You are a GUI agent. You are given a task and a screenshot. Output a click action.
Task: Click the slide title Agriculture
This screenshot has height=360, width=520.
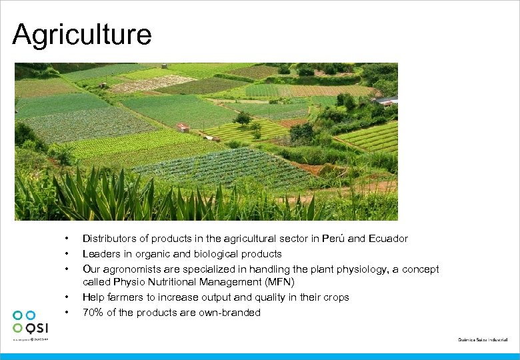(81, 35)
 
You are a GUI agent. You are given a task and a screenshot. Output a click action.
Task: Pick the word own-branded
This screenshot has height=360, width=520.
(231, 313)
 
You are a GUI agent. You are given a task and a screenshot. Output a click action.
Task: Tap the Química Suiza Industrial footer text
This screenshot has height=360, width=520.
(483, 339)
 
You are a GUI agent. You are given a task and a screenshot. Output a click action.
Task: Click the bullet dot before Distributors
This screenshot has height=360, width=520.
(67, 239)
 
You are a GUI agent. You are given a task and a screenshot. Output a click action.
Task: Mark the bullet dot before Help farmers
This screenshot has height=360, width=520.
(67, 297)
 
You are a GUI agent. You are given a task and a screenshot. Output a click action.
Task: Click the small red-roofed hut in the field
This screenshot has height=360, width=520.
(183, 127)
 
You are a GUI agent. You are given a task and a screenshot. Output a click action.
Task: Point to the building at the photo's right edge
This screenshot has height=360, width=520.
(387, 101)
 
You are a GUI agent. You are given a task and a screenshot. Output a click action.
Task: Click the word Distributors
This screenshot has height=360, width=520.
(109, 239)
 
